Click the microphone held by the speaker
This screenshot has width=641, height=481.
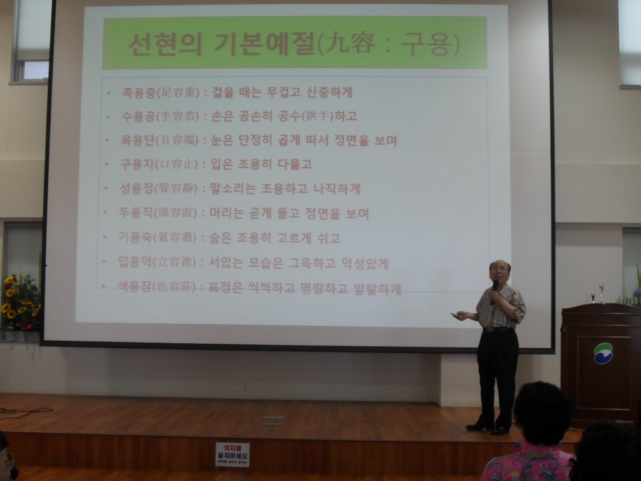click(495, 289)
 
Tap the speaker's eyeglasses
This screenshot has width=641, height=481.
click(499, 269)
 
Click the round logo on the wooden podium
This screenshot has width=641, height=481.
click(603, 353)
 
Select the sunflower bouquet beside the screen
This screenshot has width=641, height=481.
click(20, 303)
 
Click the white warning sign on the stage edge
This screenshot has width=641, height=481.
click(232, 454)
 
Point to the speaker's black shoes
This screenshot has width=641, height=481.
click(488, 428)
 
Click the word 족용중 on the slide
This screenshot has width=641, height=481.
click(137, 93)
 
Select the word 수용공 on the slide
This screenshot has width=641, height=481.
click(137, 116)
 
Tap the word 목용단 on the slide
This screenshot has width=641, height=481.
click(136, 140)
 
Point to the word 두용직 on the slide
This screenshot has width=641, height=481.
click(135, 213)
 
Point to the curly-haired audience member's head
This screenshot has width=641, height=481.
click(542, 412)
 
